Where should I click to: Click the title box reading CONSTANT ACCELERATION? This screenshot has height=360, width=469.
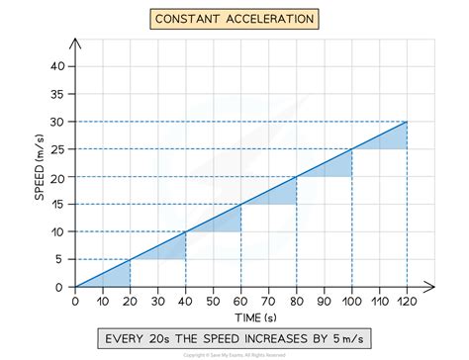234,18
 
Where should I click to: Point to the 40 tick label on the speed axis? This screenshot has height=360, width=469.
57,66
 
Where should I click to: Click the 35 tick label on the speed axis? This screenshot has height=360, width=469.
57,94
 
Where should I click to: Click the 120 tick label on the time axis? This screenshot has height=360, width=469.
407,300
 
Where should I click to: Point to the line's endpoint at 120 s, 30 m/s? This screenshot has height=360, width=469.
407,122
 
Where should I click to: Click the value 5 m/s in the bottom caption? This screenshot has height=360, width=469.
349,339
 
